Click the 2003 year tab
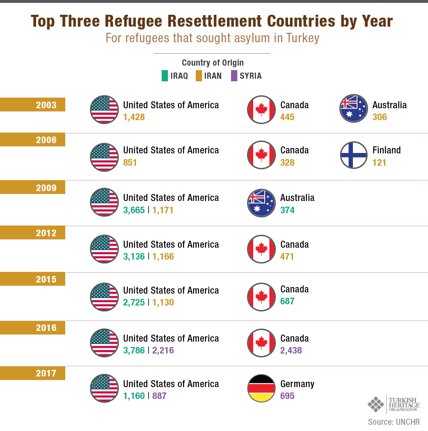33,105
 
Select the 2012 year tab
33,233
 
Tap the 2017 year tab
33,373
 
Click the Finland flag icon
354,155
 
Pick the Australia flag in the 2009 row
261,203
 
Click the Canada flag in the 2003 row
261,109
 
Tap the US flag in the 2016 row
104,342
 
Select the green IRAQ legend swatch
165,76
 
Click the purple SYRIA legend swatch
234,76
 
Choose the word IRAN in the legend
213,76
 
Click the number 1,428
134,117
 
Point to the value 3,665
134,210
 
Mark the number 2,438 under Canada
291,351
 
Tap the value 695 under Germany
288,396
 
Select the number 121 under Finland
380,163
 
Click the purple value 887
160,396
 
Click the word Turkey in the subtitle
303,38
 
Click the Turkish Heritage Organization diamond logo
376,404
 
